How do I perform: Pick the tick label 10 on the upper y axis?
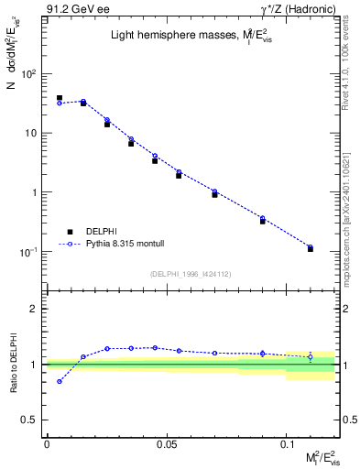[x=31, y=134]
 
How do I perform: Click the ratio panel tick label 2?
[x=34, y=309]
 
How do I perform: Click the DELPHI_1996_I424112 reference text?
[x=191, y=273]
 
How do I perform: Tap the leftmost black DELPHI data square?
[x=60, y=98]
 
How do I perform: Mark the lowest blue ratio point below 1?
[x=60, y=381]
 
